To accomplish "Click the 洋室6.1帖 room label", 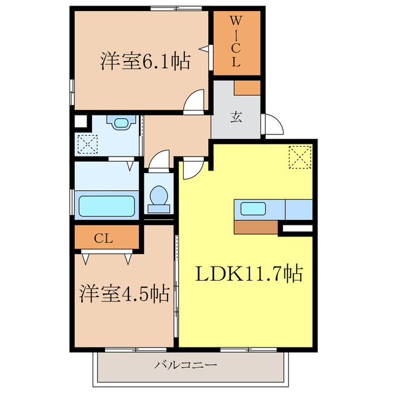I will (144, 61).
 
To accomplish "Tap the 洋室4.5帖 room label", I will (124, 294).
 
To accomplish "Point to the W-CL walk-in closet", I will (236, 41).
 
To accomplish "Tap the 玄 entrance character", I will (236, 116).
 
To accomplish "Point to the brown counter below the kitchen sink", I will (256, 227).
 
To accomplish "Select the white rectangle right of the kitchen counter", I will (297, 229).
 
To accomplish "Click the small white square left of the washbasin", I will (80, 120).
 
